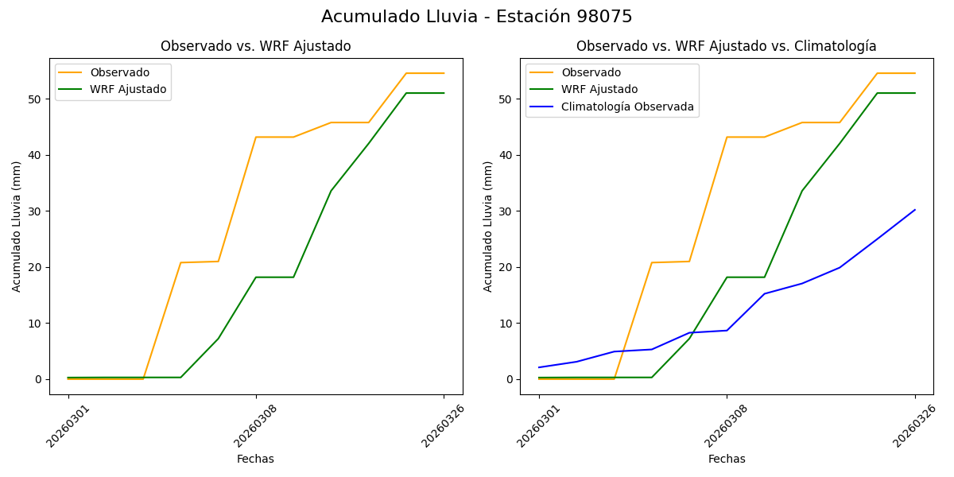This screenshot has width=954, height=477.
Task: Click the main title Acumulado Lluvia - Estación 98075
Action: (x=477, y=17)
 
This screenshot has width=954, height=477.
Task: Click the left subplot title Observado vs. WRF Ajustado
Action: (x=255, y=46)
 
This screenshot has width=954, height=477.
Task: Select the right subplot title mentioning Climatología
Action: (x=726, y=46)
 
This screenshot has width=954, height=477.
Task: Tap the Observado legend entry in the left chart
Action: (x=119, y=72)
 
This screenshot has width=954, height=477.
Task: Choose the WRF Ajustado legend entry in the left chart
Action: (x=128, y=89)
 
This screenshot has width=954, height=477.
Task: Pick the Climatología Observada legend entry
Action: (x=627, y=107)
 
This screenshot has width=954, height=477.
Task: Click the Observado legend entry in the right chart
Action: (x=591, y=72)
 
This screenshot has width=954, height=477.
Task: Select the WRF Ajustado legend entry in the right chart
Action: (x=599, y=89)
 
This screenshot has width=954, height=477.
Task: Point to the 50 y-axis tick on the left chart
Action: (x=36, y=99)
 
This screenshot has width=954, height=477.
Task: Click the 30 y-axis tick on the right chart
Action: (x=507, y=211)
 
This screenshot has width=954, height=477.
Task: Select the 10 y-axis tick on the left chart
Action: (x=36, y=324)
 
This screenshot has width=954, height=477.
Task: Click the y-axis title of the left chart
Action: (x=17, y=226)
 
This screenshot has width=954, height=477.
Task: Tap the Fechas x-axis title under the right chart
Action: (x=727, y=459)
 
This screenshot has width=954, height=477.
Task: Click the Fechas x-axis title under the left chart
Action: (x=255, y=459)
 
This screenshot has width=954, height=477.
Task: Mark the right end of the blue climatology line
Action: (x=914, y=210)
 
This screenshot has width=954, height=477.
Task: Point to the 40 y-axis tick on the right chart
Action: (x=507, y=155)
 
